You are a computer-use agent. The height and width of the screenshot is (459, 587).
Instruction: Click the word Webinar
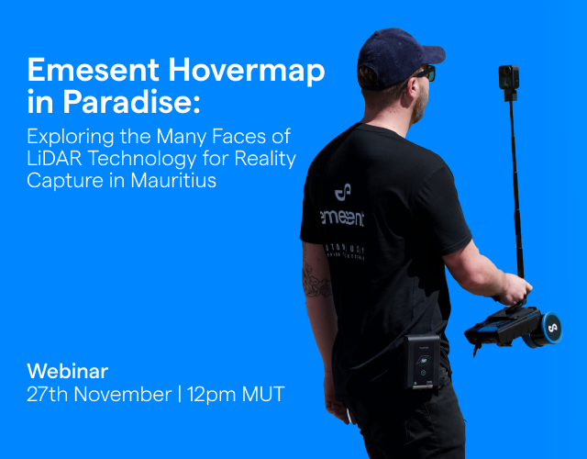pyautogui.click(x=68, y=372)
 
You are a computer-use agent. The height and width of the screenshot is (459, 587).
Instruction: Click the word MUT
pyautogui.click(x=265, y=396)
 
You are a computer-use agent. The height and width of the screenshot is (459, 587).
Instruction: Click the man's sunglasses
pyautogui.click(x=424, y=73)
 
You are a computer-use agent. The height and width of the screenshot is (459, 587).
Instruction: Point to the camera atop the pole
pyautogui.click(x=509, y=77)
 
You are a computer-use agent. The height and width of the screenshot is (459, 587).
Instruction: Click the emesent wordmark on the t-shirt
pyautogui.click(x=341, y=218)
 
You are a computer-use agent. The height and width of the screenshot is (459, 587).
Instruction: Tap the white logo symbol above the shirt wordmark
pyautogui.click(x=342, y=192)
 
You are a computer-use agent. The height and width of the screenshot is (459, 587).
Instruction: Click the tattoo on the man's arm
pyautogui.click(x=316, y=280)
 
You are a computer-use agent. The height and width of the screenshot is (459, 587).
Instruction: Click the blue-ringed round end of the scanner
pyautogui.click(x=552, y=326)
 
